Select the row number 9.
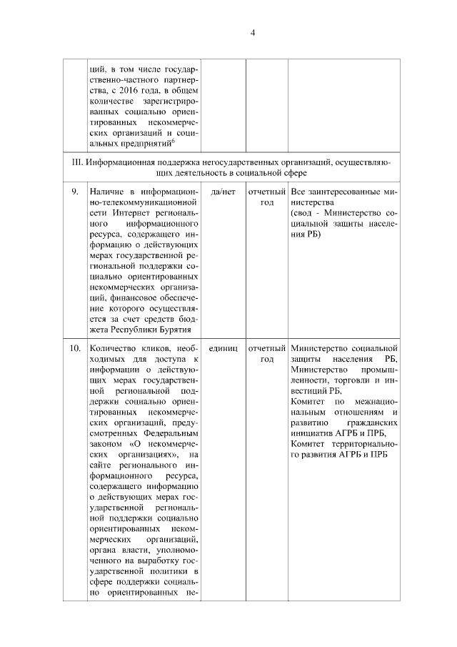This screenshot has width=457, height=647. click(74, 192)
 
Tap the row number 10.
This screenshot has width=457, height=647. click(74, 348)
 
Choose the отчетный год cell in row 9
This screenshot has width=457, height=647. click(267, 197)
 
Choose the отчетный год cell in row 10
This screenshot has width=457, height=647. click(267, 353)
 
